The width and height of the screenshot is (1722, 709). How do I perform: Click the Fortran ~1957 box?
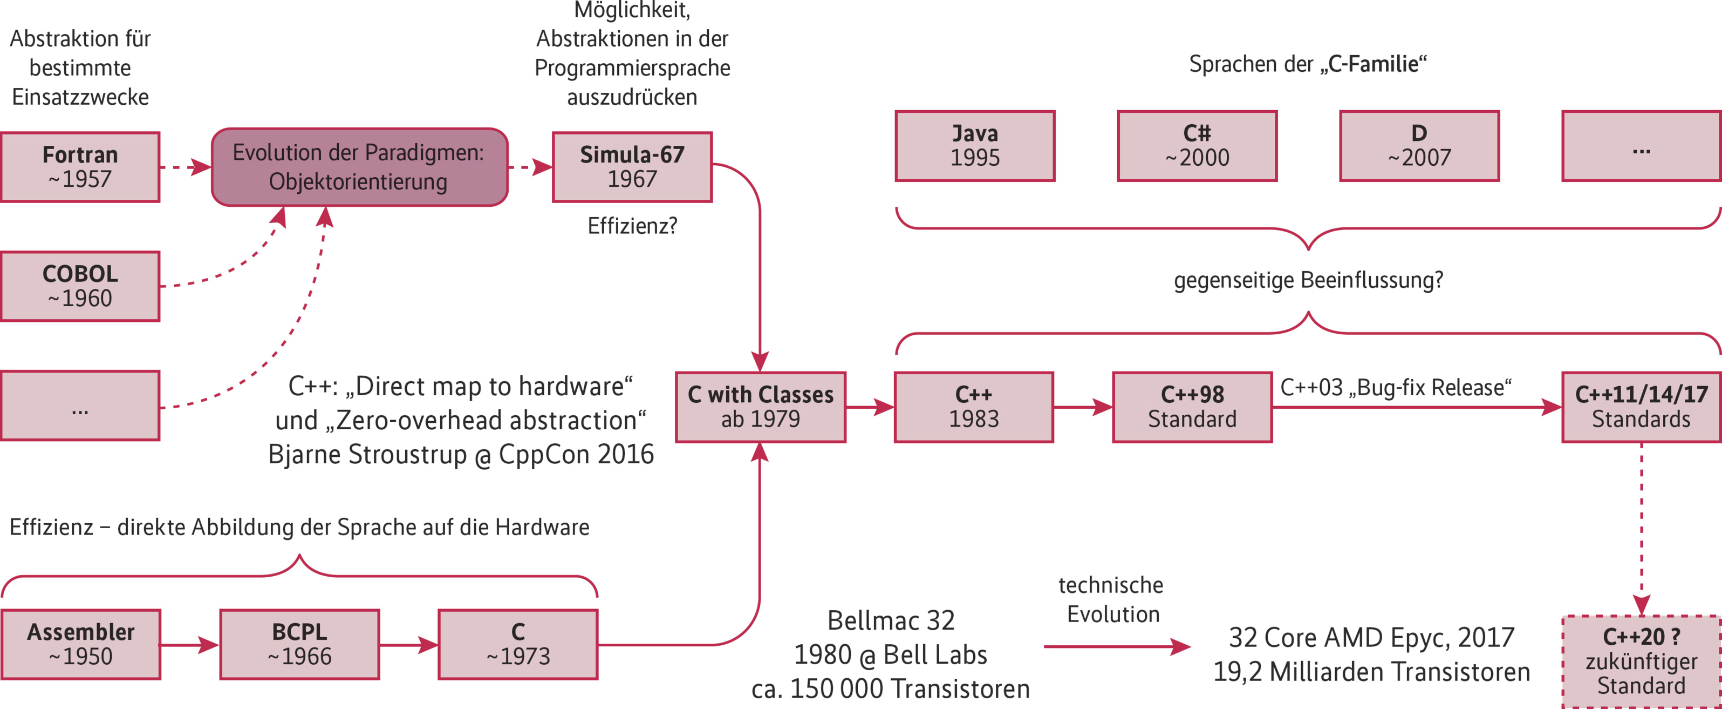point(80,167)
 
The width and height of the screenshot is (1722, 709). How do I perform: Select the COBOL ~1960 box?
point(80,286)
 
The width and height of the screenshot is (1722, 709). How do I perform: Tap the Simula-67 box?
point(632,167)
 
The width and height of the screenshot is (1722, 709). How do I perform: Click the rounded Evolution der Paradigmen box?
point(359,167)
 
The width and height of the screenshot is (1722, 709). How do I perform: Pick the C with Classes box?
point(760,407)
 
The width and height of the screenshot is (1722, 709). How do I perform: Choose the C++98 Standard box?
point(1192,407)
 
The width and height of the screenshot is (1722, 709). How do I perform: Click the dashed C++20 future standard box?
point(1641,661)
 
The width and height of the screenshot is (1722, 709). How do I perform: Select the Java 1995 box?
point(975,146)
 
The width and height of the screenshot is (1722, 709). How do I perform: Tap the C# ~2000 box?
point(1197,146)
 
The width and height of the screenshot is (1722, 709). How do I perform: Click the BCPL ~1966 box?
point(299,644)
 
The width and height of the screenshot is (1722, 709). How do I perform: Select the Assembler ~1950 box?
point(80,644)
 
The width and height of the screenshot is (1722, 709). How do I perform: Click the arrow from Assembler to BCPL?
point(190,645)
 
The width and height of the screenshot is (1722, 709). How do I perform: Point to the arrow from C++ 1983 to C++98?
point(1083,407)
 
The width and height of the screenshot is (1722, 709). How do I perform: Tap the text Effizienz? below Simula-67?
point(632,226)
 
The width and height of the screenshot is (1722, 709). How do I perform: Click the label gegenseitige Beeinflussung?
point(1308,280)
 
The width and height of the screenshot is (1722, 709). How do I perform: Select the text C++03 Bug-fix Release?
point(1395,387)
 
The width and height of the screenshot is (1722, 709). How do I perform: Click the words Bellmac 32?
point(891,620)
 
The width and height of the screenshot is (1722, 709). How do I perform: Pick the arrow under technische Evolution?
point(1116,646)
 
